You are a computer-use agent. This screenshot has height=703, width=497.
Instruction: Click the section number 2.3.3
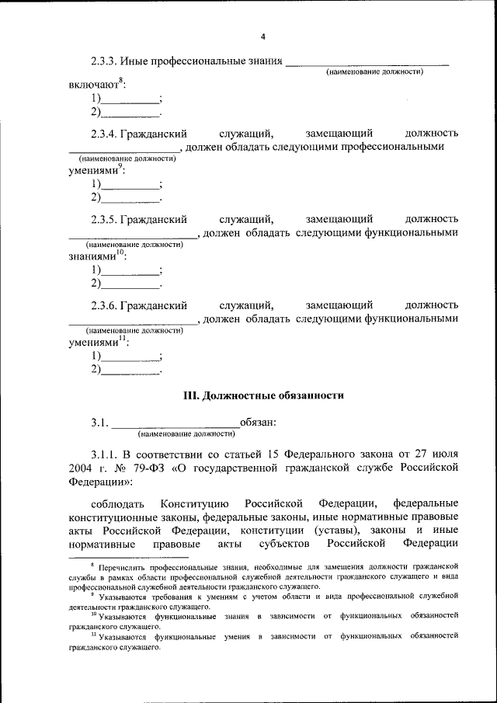tap(105, 61)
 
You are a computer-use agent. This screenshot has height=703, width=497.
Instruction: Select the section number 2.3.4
tap(105, 134)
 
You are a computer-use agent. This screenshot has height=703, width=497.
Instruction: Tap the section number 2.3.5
tap(105, 219)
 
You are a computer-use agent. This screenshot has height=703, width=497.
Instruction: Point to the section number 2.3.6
tap(105, 305)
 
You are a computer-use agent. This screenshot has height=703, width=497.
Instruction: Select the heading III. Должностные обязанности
tap(263, 395)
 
